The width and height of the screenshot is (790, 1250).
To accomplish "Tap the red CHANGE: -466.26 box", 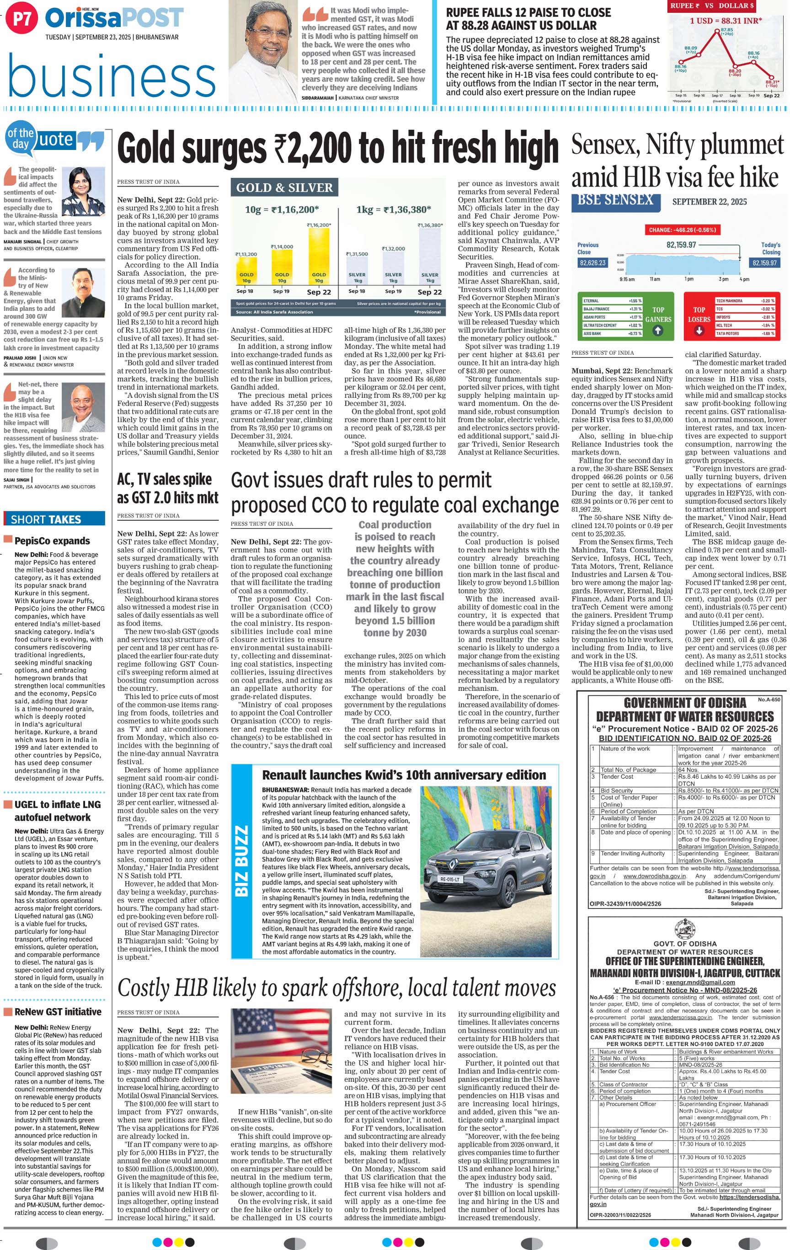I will (x=682, y=230).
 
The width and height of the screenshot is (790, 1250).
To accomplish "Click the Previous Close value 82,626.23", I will (x=592, y=263).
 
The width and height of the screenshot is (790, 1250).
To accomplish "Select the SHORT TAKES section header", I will (x=54, y=519).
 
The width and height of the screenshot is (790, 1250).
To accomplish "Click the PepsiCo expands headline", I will (x=52, y=541).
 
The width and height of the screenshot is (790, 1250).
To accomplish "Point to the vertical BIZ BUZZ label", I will (x=241, y=860).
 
